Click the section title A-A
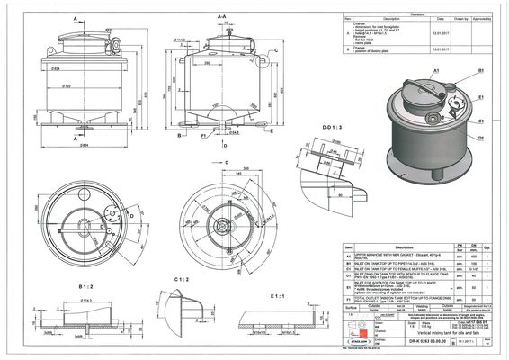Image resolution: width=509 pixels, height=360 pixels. click(x=221, y=15)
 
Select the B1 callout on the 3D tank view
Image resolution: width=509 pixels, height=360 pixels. click(x=481, y=68)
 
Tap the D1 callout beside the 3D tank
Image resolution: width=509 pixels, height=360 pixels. click(x=481, y=138)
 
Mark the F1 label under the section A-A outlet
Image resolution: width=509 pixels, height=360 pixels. click(x=203, y=141)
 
